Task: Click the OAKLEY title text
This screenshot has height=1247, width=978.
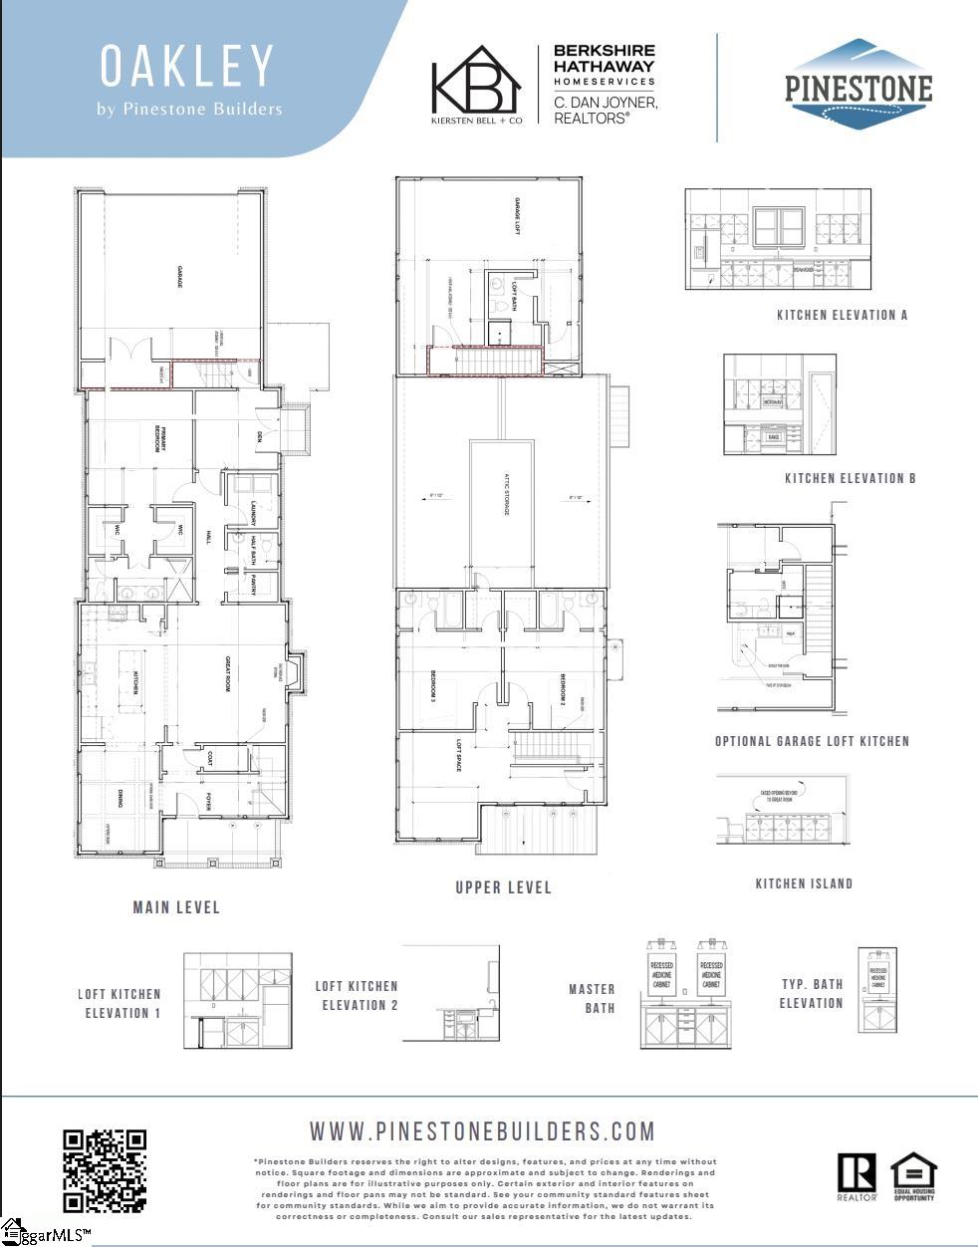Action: [x=187, y=67]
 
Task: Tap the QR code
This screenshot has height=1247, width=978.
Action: [x=105, y=1170]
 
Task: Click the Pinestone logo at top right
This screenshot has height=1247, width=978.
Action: [x=858, y=86]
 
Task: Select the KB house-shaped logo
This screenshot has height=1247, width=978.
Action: [x=476, y=84]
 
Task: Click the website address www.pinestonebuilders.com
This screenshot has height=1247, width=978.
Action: [x=483, y=1131]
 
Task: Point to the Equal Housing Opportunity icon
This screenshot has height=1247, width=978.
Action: [x=913, y=1176]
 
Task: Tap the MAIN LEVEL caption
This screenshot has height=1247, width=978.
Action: [x=176, y=907]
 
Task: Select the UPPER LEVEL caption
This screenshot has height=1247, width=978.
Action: [x=503, y=886]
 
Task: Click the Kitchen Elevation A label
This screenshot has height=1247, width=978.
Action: [x=843, y=315]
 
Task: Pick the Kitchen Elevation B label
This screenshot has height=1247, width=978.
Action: [x=850, y=478]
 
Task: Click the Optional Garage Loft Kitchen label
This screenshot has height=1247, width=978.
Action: [x=812, y=741]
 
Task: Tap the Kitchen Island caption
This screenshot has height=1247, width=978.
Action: [x=804, y=883]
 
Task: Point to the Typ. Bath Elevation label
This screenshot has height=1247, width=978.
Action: [x=812, y=993]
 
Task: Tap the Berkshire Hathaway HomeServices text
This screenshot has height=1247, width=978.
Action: [x=604, y=65]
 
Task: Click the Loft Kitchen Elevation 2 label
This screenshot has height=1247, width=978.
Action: [x=357, y=995]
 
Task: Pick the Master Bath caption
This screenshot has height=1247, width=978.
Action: [x=592, y=998]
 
